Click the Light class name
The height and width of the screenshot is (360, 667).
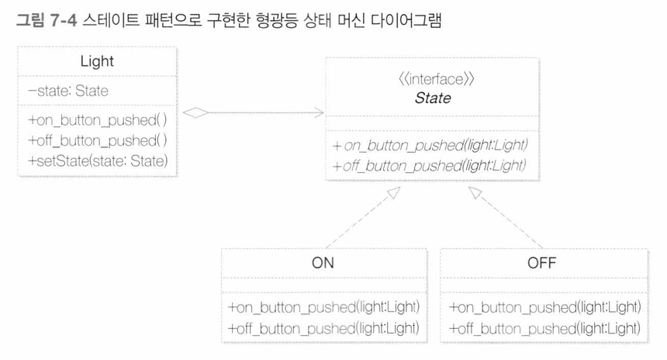point(97,62)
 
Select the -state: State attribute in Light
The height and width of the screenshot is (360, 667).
point(68,91)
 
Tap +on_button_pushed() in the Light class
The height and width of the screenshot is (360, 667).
point(98,120)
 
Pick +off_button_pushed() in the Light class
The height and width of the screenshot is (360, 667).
point(98,140)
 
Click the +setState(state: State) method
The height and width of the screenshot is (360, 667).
point(98,161)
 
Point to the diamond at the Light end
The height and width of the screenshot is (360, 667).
point(195,112)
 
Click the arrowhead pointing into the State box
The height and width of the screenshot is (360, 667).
point(319,112)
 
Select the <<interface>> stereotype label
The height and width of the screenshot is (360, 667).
point(437,79)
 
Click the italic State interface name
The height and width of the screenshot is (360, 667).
point(433,98)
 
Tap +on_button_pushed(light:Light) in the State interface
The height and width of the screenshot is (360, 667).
point(430,145)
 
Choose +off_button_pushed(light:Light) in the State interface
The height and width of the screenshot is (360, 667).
point(430,165)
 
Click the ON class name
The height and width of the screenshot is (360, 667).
point(323,263)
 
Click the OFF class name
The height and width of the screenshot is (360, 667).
point(541,263)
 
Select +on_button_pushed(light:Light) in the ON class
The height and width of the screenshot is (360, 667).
point(323,306)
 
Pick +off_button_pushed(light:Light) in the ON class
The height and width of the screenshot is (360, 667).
point(323,328)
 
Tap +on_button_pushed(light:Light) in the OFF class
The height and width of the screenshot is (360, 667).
point(545,306)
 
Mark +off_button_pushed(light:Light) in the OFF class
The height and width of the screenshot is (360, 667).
point(545,328)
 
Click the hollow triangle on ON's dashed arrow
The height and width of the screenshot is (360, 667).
point(394,192)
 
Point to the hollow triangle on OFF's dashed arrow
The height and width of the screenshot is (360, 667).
point(475,192)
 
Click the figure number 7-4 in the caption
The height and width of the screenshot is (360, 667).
point(63,20)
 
